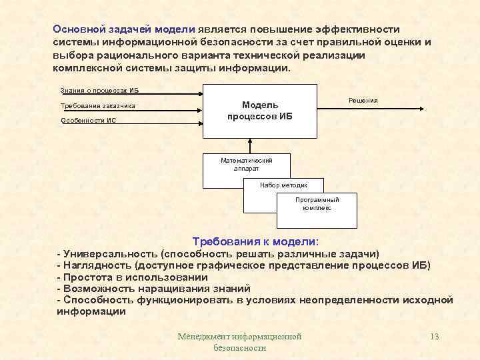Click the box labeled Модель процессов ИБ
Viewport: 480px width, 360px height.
coord(260,111)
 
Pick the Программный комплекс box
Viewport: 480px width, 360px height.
coord(317,204)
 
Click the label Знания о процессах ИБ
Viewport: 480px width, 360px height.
coord(99,91)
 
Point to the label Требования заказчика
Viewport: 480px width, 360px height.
coord(98,106)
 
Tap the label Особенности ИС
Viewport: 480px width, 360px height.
coord(88,121)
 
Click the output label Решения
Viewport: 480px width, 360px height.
coord(363,100)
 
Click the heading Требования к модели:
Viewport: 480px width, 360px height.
coord(255,241)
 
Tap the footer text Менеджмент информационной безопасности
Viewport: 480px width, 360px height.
coord(239,342)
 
